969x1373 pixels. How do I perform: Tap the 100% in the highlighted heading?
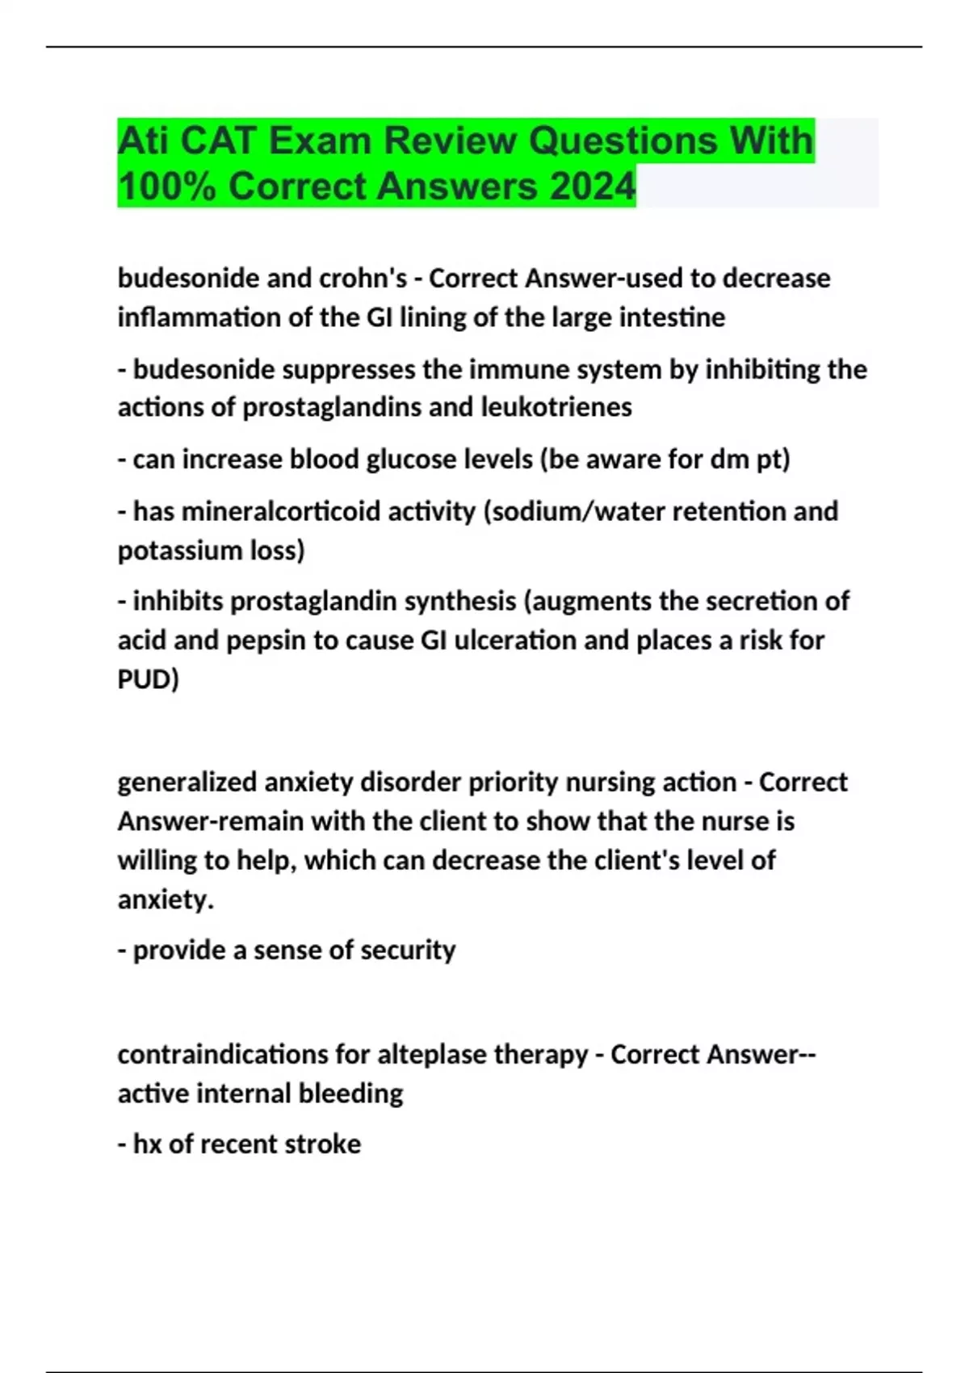tap(166, 187)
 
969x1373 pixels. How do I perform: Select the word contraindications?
tap(222, 1054)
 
